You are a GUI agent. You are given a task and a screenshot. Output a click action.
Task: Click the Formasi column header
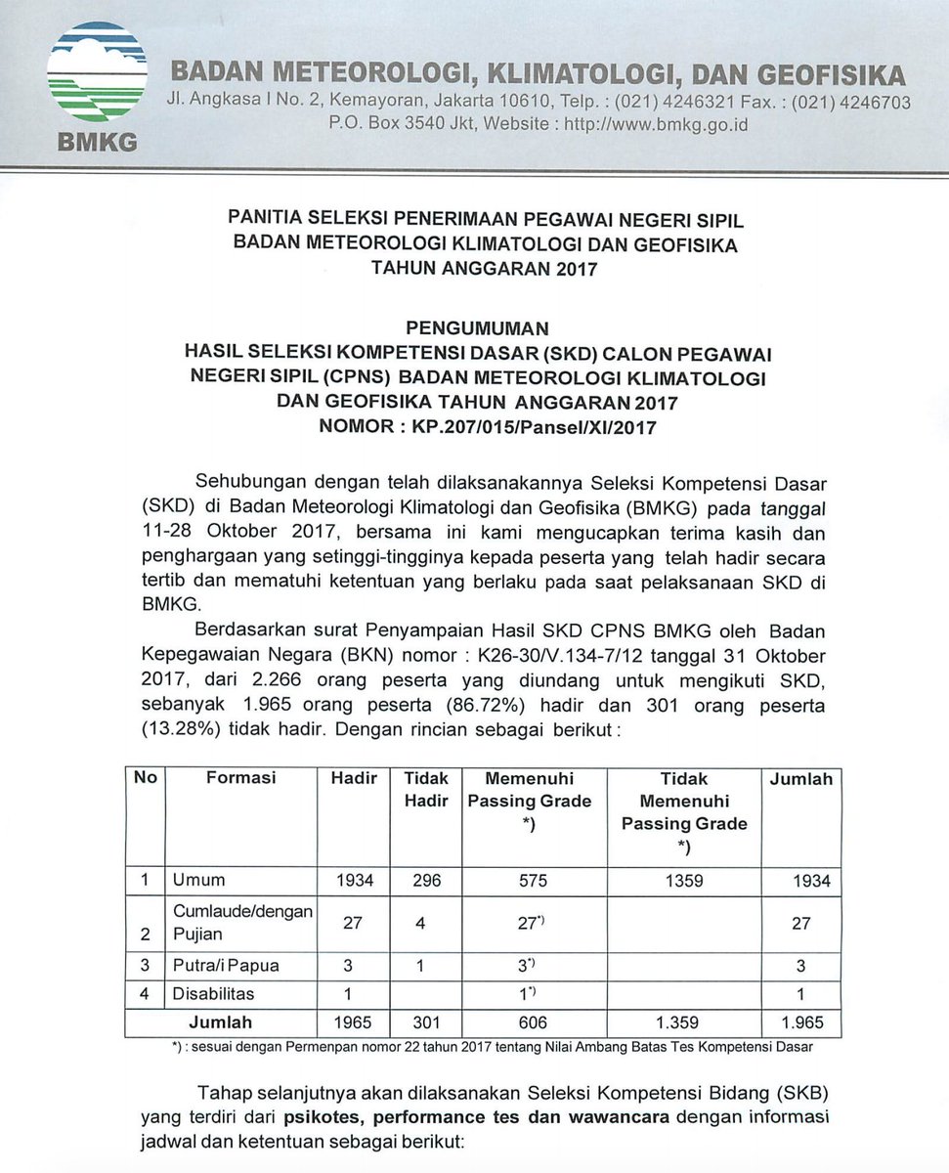(240, 779)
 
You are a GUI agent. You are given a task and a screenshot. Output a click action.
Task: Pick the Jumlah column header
(800, 779)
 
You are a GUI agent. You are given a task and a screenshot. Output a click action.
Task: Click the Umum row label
(198, 881)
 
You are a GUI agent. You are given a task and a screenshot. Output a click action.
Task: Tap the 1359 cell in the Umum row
(683, 881)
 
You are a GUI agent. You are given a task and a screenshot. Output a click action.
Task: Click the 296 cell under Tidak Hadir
(426, 881)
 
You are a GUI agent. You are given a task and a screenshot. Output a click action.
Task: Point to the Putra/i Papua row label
(226, 965)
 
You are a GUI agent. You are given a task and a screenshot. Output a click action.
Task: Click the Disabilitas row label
(213, 993)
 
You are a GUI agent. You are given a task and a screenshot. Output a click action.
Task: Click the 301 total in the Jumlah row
(426, 1022)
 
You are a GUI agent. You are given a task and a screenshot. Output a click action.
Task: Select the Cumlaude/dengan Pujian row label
(241, 922)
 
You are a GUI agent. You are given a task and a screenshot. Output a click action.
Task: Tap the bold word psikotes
(327, 1115)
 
